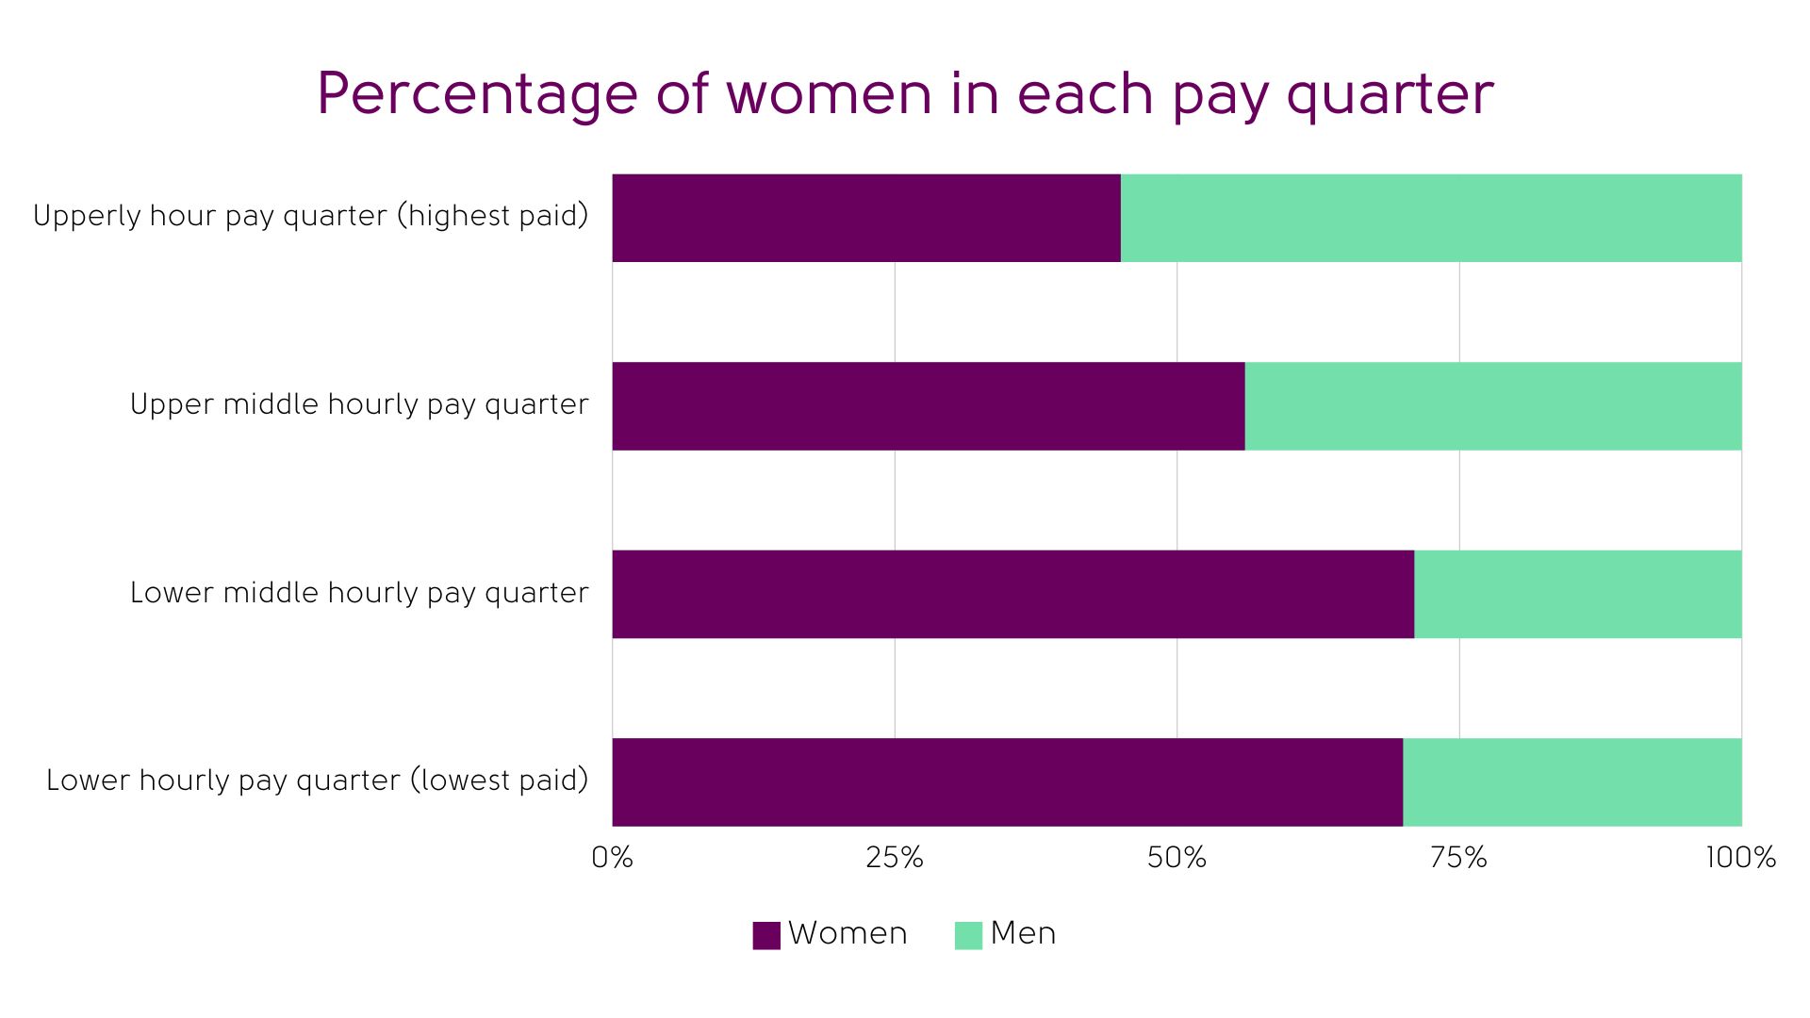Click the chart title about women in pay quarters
click(x=905, y=94)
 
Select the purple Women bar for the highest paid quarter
click(x=866, y=218)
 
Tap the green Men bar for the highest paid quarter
click(x=1431, y=218)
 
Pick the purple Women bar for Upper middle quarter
click(x=929, y=406)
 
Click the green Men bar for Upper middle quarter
click(x=1493, y=406)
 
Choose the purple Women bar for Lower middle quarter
click(x=1013, y=595)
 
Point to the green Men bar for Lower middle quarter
click(x=1578, y=595)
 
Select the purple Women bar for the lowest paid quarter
click(x=1008, y=782)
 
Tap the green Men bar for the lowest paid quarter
click(x=1572, y=782)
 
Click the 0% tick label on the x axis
click(x=613, y=858)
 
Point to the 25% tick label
click(x=895, y=858)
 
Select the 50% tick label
click(x=1176, y=858)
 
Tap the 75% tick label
click(x=1458, y=858)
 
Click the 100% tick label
click(x=1740, y=858)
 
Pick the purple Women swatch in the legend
click(x=766, y=935)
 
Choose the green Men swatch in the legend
click(x=968, y=935)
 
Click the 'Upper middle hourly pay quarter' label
click(x=359, y=405)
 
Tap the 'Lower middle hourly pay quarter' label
click(x=359, y=594)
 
